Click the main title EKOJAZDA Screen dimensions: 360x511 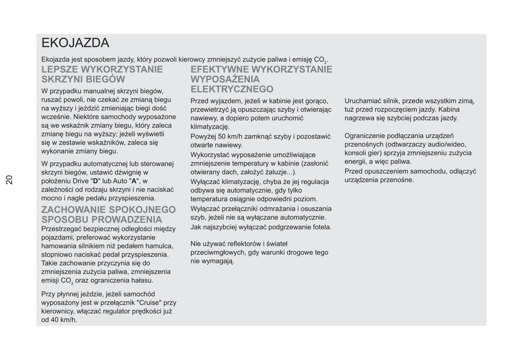click(75, 43)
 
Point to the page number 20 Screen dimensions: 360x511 click(9, 179)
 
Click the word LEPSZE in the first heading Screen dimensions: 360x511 click(59, 69)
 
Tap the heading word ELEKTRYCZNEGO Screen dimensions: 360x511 click(232, 89)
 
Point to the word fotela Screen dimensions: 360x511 click(322, 227)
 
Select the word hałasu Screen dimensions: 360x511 click(143, 281)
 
